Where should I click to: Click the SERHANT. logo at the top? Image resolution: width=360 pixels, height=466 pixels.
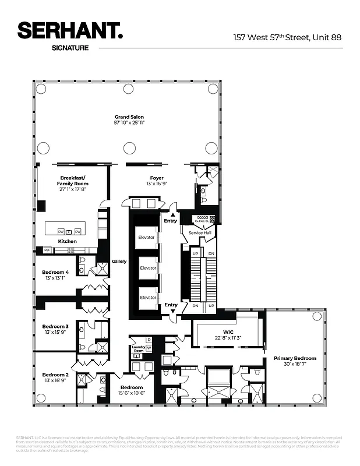(x=70, y=31)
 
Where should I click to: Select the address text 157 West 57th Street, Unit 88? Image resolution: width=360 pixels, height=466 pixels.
(x=287, y=37)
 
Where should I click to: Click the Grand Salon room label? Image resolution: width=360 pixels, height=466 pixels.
(x=129, y=116)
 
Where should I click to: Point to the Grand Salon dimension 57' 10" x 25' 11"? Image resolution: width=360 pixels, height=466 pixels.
(x=129, y=123)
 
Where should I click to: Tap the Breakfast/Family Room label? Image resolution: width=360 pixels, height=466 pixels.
(x=73, y=180)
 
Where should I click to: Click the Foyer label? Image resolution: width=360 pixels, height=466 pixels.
(x=156, y=178)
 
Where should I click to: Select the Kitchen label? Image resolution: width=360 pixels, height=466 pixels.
(x=67, y=241)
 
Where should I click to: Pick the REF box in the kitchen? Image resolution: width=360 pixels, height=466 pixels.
(x=47, y=250)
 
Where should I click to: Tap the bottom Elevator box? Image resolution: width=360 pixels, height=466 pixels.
(x=148, y=297)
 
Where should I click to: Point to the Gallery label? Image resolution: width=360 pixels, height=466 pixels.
(x=119, y=262)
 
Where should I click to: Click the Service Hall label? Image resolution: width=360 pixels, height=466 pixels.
(x=200, y=232)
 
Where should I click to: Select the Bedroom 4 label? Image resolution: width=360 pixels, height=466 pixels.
(x=55, y=272)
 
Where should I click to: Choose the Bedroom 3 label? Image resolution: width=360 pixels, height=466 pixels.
(x=55, y=326)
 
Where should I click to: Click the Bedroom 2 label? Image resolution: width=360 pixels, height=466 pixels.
(x=55, y=375)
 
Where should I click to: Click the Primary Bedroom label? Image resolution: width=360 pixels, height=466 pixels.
(x=295, y=358)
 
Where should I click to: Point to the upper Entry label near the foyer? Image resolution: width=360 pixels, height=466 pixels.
(x=171, y=221)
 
